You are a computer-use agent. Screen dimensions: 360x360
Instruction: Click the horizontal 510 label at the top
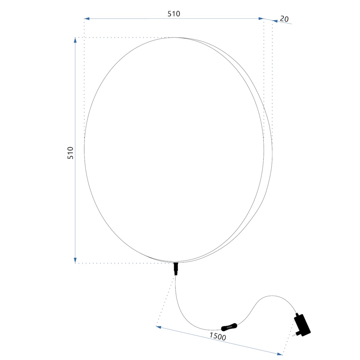pos(174,14)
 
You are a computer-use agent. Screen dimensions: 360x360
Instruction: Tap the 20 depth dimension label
pos(284,19)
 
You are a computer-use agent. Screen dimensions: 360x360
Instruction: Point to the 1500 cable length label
pos(218,336)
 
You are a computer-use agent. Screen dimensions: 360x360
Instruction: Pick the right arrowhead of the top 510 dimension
pos(261,18)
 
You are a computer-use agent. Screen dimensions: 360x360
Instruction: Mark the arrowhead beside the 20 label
pos(275,21)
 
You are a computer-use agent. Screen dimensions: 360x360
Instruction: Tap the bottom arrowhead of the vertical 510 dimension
pos(76,260)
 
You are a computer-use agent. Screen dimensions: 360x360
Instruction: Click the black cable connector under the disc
pos(176,269)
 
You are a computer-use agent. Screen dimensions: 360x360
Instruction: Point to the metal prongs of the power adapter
pos(292,335)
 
